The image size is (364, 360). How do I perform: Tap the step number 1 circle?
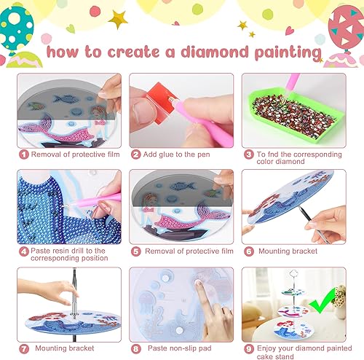coord(23,154)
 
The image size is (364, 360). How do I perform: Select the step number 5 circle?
coord(135,251)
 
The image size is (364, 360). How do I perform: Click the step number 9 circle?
coord(248,348)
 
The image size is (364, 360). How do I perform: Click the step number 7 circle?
coord(23,348)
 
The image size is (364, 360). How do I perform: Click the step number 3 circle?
coord(248,154)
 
